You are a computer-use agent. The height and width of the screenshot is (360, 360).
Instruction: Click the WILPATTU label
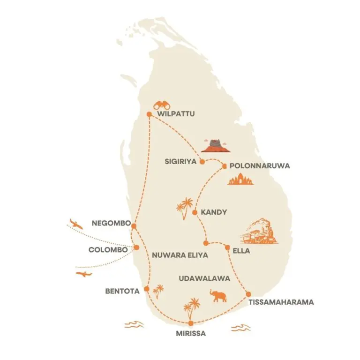click(x=175, y=114)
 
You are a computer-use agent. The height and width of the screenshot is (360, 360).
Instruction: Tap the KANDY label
click(x=213, y=212)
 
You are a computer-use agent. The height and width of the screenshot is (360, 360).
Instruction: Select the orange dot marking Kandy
click(x=195, y=212)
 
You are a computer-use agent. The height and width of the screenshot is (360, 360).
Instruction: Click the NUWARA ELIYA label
click(x=180, y=255)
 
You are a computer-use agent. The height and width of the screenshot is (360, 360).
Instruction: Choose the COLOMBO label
click(x=108, y=250)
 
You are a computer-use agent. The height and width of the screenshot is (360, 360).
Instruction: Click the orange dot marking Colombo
click(x=136, y=247)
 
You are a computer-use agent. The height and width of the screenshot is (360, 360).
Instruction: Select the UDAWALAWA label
click(x=204, y=278)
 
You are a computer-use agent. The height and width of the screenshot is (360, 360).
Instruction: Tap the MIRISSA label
click(x=191, y=334)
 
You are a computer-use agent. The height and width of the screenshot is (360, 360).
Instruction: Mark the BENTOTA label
click(x=122, y=291)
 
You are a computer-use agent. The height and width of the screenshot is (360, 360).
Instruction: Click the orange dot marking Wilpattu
click(x=149, y=114)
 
